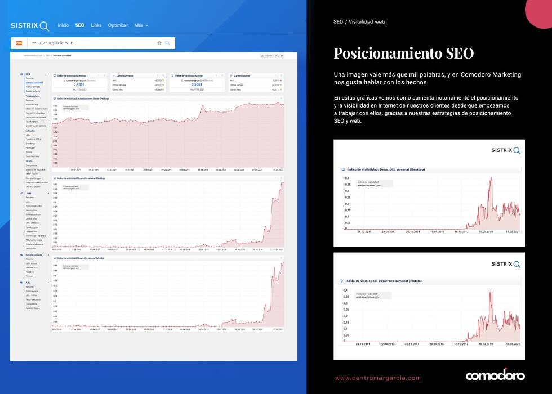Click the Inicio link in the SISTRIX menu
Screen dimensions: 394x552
pyautogui.click(x=63, y=25)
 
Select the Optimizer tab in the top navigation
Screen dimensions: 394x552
pyautogui.click(x=118, y=25)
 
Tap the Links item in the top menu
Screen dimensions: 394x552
pyautogui.click(x=96, y=25)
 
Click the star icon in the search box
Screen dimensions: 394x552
pyautogui.click(x=159, y=43)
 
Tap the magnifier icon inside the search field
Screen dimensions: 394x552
pyautogui.click(x=167, y=43)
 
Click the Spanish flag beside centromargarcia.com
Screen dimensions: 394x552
pyautogui.click(x=19, y=43)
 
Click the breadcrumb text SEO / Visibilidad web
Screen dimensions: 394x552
pyautogui.click(x=359, y=21)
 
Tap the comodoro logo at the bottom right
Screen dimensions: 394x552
pyautogui.click(x=495, y=375)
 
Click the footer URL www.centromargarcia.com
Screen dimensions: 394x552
pyautogui.click(x=377, y=378)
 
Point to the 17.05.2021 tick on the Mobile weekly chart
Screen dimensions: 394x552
pyautogui.click(x=511, y=343)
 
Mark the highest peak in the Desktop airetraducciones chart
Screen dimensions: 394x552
pyautogui.click(x=491, y=178)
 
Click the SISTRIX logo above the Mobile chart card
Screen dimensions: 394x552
pyautogui.click(x=505, y=264)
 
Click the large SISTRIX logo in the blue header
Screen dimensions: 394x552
pyautogui.click(x=30, y=26)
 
